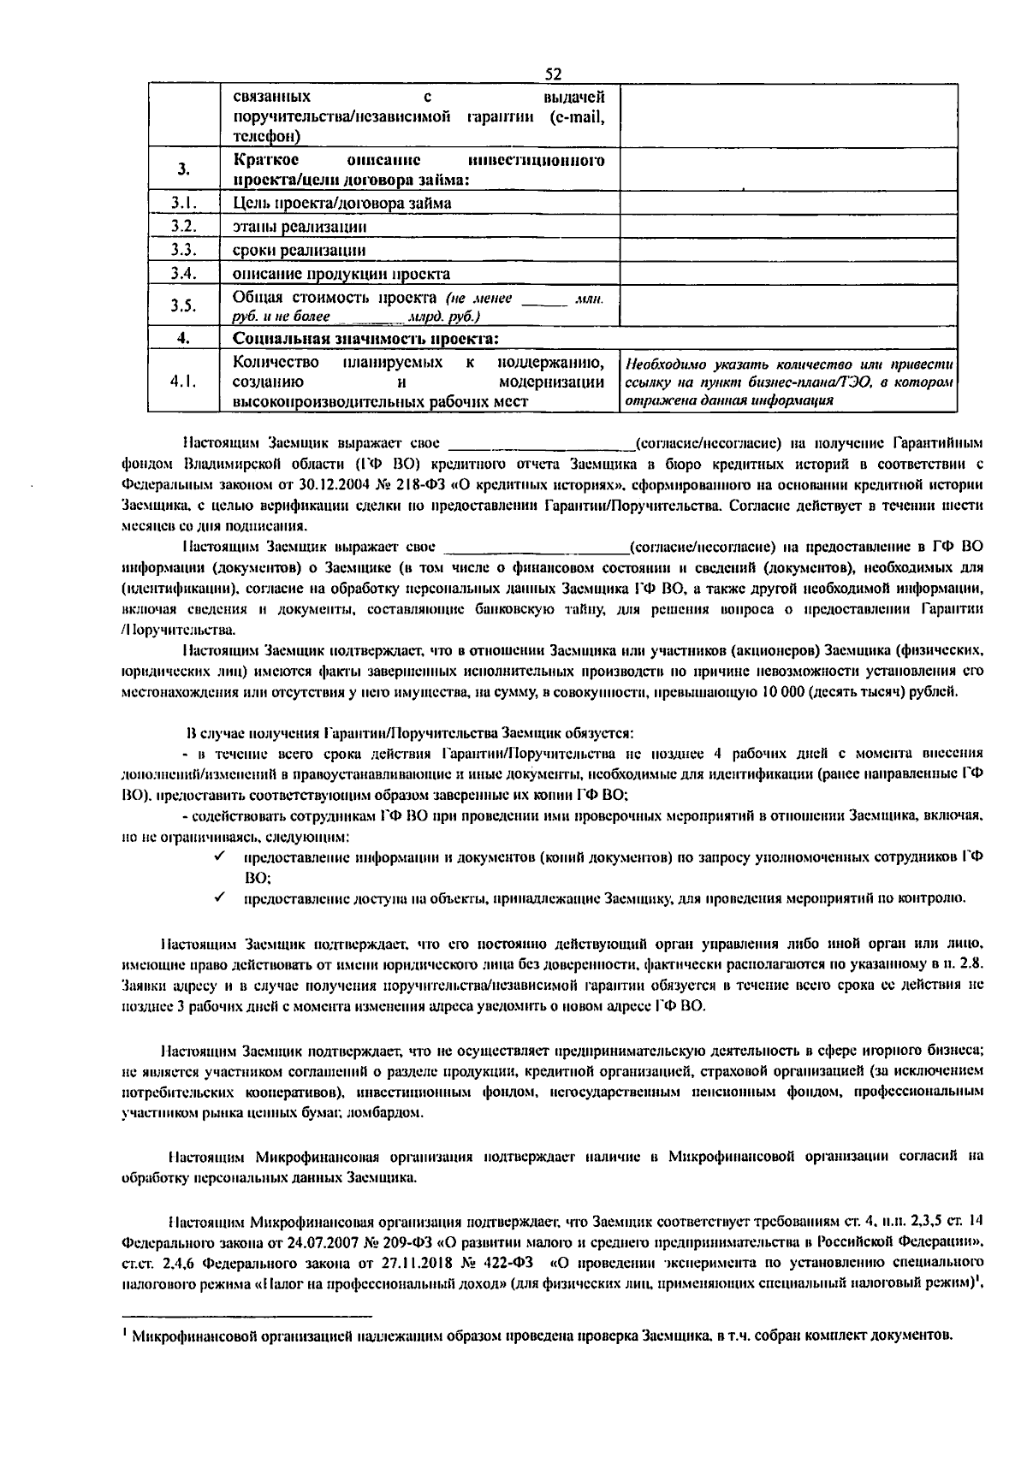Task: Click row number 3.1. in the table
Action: tap(184, 203)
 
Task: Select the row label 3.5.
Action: tap(183, 306)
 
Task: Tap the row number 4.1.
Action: tap(184, 382)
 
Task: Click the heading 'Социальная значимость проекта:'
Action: tap(366, 339)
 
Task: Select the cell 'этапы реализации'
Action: tap(300, 227)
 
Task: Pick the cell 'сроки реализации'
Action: tap(299, 251)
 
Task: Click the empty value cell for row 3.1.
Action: tap(787, 203)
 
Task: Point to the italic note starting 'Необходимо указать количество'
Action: tap(787, 382)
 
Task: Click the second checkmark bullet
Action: tap(220, 897)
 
